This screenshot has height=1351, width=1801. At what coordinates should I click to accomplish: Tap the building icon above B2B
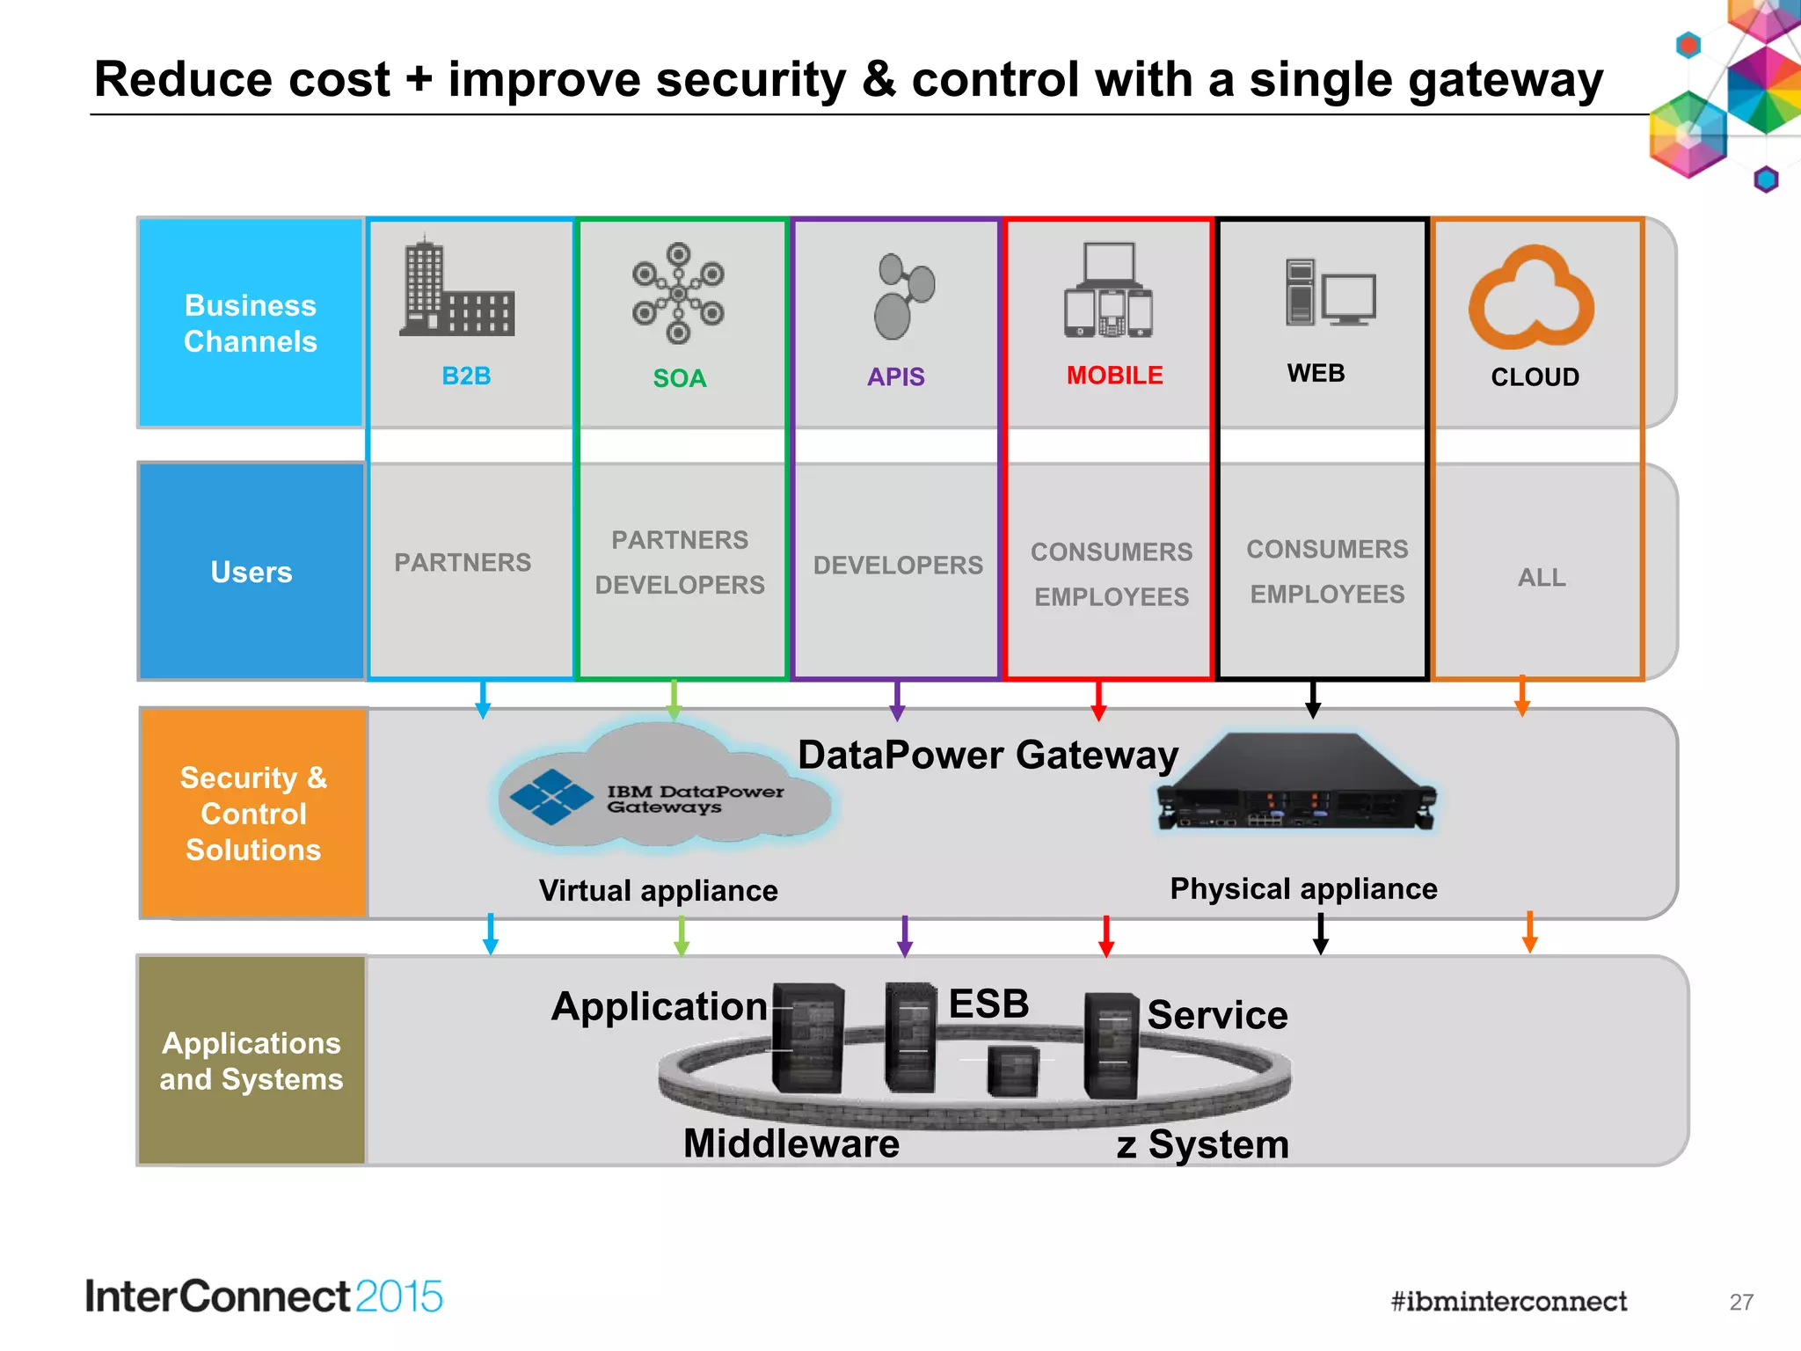pyautogui.click(x=457, y=288)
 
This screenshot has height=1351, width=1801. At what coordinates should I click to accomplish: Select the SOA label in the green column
pyautogui.click(x=680, y=378)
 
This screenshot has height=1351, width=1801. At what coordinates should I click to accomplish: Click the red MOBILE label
pyautogui.click(x=1114, y=376)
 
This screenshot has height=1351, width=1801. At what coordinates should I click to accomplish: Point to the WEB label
pyautogui.click(x=1316, y=373)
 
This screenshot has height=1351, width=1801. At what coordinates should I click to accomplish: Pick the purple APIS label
pyautogui.click(x=896, y=376)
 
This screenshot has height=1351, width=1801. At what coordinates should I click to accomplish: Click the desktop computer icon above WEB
pyautogui.click(x=1330, y=292)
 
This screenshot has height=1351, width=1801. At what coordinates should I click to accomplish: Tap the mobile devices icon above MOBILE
pyautogui.click(x=1108, y=290)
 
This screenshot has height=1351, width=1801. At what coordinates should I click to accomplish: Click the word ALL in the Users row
pyautogui.click(x=1542, y=577)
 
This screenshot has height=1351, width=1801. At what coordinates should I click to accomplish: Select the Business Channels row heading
pyautogui.click(x=251, y=323)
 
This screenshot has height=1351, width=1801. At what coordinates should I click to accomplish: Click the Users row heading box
pyautogui.click(x=252, y=572)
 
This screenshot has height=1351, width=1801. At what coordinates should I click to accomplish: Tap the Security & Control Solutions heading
pyautogui.click(x=253, y=814)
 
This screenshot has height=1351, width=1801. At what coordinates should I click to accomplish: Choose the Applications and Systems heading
pyautogui.click(x=252, y=1061)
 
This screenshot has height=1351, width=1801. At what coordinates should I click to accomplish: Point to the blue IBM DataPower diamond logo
pyautogui.click(x=551, y=797)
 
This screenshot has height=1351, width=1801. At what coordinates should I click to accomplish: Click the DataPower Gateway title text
pyautogui.click(x=988, y=755)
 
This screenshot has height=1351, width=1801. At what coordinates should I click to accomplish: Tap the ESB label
pyautogui.click(x=988, y=1004)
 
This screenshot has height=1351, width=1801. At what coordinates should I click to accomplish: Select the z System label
pyautogui.click(x=1202, y=1144)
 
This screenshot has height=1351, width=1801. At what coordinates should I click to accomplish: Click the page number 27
pyautogui.click(x=1741, y=1302)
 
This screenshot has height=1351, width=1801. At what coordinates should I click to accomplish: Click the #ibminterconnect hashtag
pyautogui.click(x=1508, y=1301)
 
